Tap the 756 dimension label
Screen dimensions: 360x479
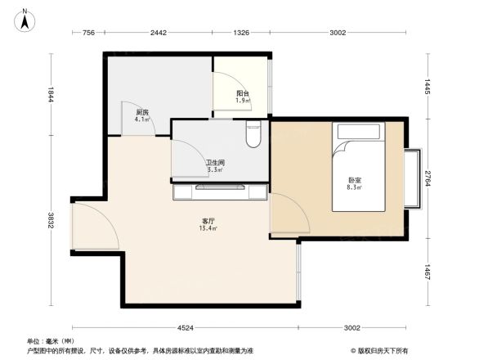tap(89, 33)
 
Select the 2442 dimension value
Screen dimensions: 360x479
tap(159, 33)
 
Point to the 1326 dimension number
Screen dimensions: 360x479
tap(241, 33)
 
